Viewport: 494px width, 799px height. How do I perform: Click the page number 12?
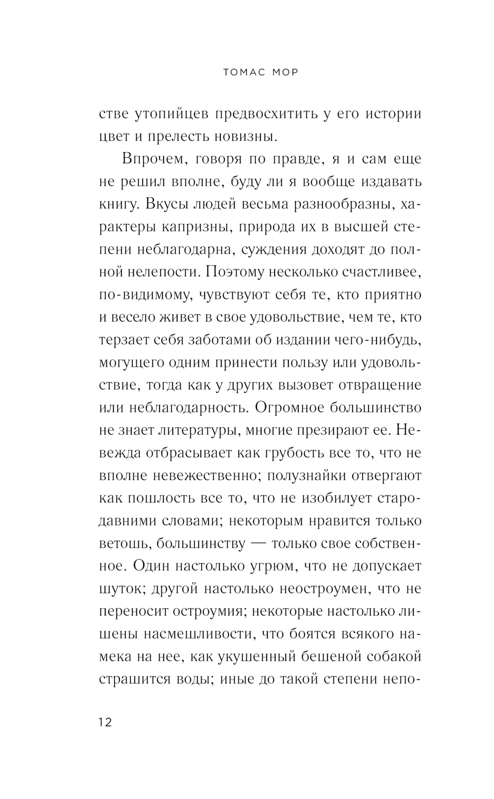point(105,722)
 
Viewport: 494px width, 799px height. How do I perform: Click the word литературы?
point(190,431)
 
